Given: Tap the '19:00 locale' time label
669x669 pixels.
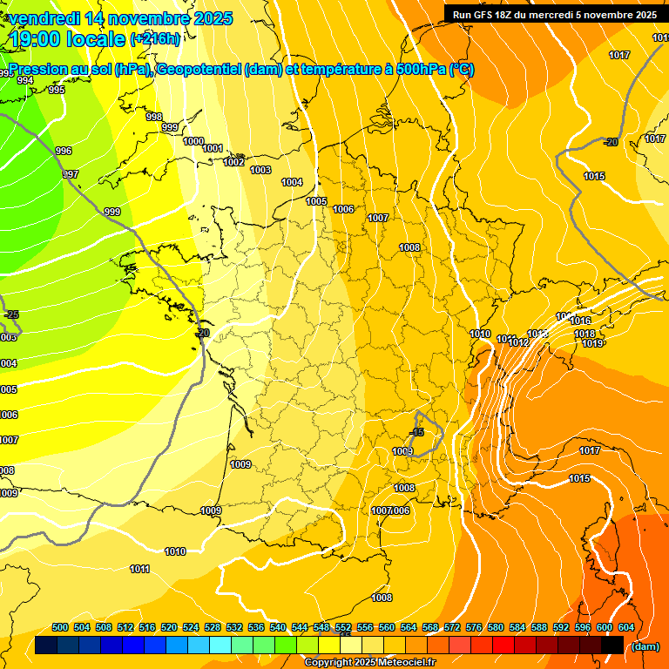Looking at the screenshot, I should tap(68, 38).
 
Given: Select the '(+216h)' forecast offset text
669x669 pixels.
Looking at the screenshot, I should tap(156, 39).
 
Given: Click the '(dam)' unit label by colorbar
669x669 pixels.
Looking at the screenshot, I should tap(645, 645).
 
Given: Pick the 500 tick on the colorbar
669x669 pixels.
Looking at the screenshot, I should tap(60, 627).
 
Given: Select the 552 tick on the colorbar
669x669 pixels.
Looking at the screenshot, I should tap(343, 627).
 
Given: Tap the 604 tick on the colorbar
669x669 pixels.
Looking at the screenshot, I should tap(625, 627).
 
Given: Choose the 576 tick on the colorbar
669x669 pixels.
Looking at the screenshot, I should tap(474, 627).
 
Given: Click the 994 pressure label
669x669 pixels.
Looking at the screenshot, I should tap(25, 80).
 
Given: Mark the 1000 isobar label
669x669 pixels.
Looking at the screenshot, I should tap(193, 141).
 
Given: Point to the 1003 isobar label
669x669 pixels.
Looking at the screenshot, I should tap(260, 170).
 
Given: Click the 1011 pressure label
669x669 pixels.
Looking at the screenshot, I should tap(139, 569).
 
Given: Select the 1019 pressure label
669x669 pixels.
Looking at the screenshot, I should tap(592, 343).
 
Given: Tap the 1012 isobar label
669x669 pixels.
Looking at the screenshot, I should tap(519, 342).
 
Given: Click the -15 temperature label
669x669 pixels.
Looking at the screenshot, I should tap(418, 432).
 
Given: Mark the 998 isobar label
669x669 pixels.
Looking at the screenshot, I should tap(154, 117).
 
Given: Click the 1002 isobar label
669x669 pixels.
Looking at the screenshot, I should tap(233, 162).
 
